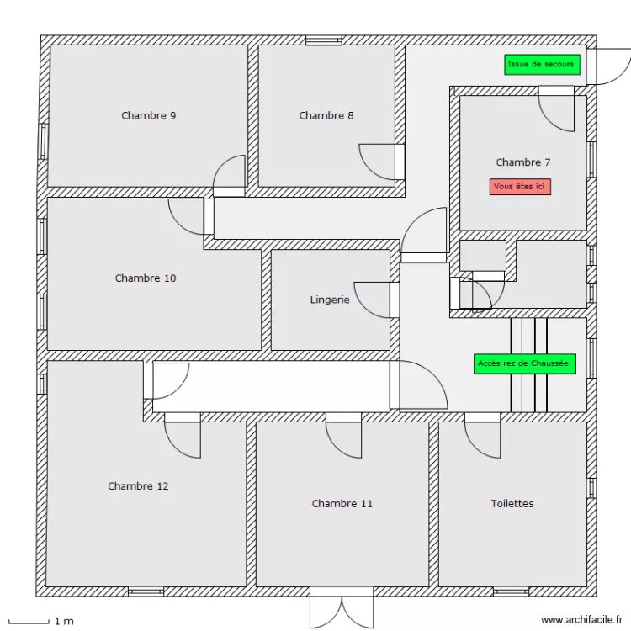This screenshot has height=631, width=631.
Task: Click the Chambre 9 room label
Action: click(149, 116)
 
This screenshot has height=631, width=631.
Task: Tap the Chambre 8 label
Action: click(326, 116)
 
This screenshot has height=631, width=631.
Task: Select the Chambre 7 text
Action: click(522, 162)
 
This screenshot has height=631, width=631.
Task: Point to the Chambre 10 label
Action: click(146, 278)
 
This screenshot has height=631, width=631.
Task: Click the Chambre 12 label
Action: click(138, 486)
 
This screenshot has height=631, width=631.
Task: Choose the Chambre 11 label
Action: click(342, 504)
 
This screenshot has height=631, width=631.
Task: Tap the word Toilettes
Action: click(512, 504)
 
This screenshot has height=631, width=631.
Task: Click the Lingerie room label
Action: click(329, 300)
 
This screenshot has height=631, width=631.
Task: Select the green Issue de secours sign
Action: click(542, 65)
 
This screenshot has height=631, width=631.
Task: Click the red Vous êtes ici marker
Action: click(520, 187)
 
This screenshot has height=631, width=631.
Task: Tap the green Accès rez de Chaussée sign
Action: click(524, 363)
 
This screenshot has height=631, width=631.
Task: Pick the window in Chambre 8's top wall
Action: click(324, 40)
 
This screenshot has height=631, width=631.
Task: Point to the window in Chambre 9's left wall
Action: click(42, 141)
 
